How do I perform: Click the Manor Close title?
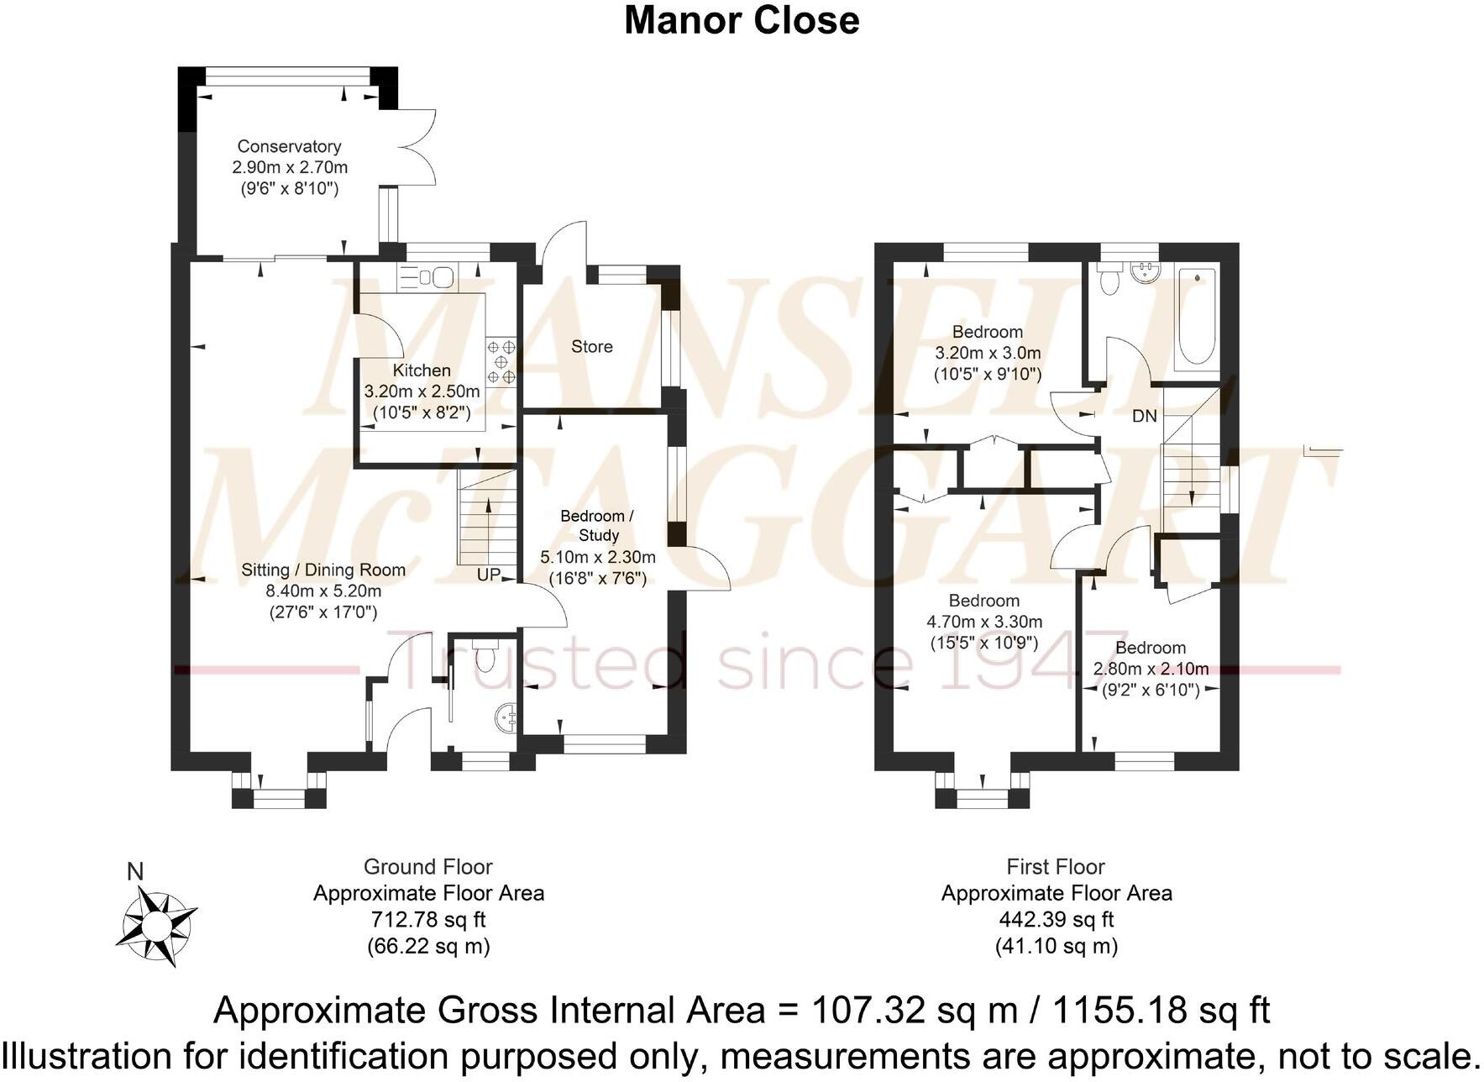(x=742, y=20)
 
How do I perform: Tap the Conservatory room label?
(x=289, y=146)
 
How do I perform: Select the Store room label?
(x=592, y=346)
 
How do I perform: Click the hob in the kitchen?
(x=501, y=360)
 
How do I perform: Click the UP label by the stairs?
(x=489, y=575)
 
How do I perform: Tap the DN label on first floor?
(x=1144, y=416)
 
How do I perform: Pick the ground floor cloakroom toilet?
(x=485, y=652)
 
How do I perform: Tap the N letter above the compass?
(x=134, y=872)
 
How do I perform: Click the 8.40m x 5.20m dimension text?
(x=323, y=591)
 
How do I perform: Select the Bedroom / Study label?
(x=597, y=525)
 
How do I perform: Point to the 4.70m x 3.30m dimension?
(x=984, y=622)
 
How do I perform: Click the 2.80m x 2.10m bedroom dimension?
(x=1151, y=669)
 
